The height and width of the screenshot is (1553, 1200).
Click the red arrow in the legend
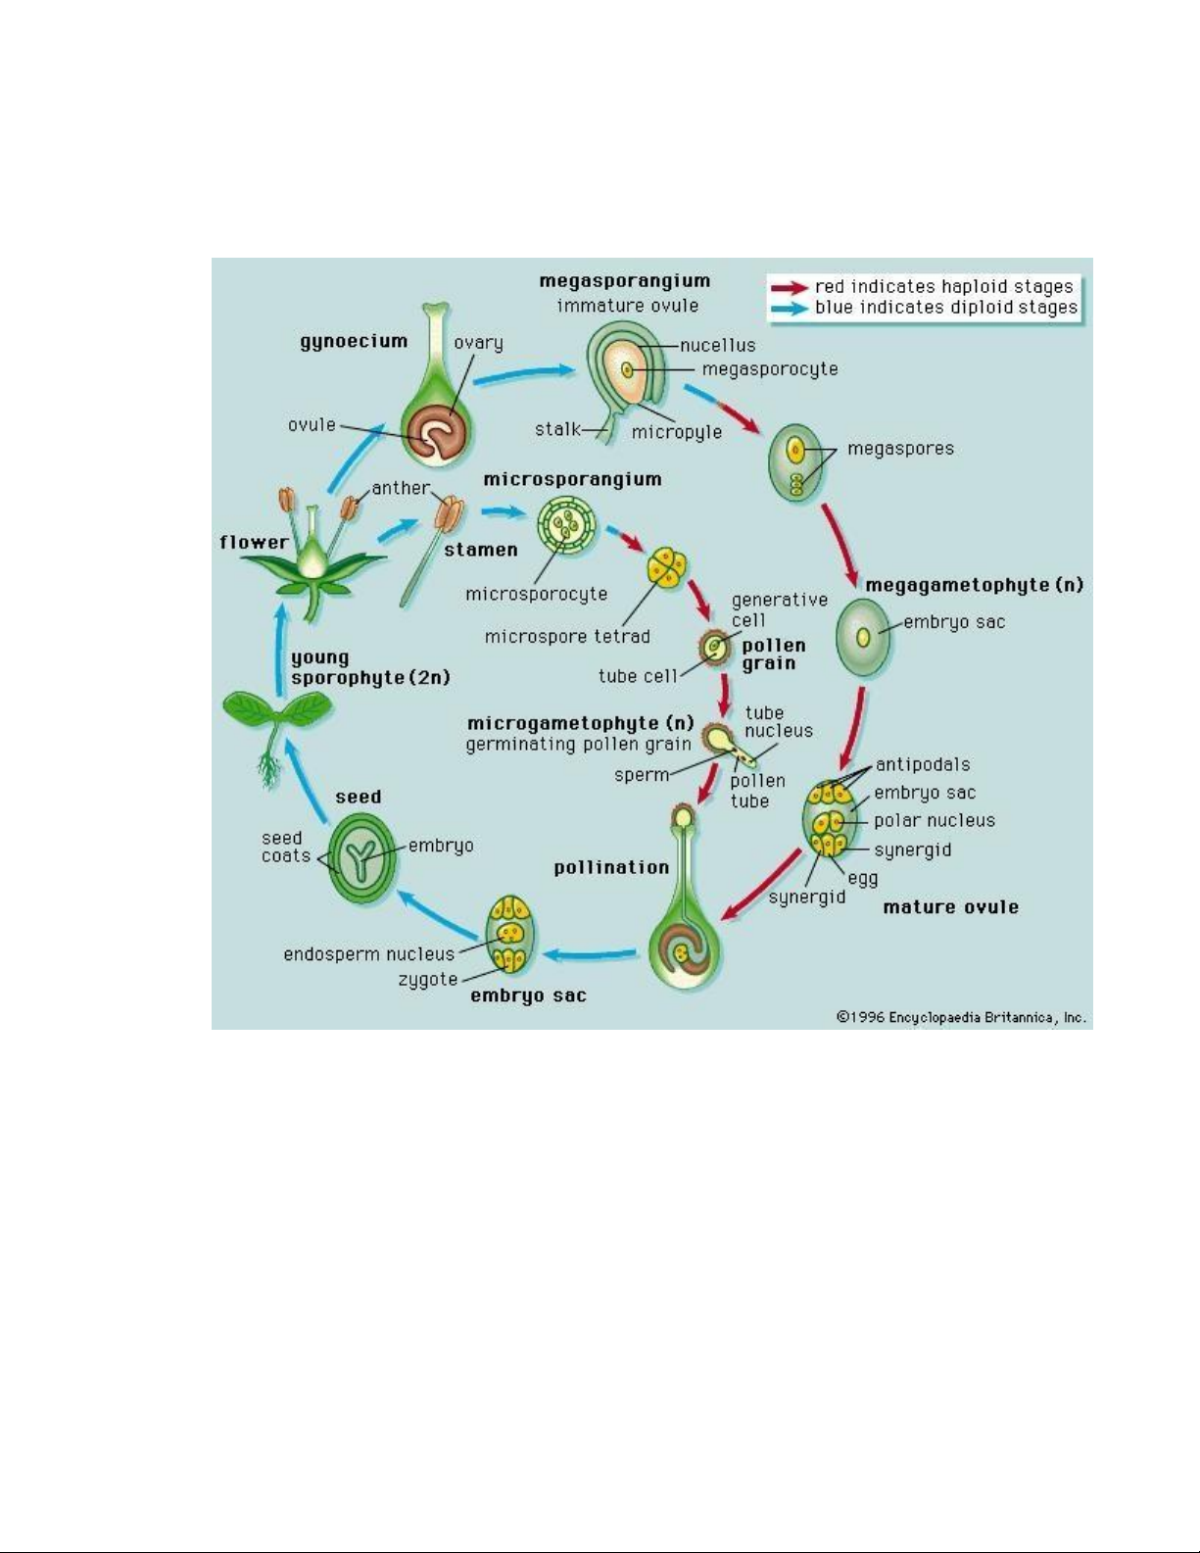coord(790,288)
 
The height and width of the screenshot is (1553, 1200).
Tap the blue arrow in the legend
coord(790,309)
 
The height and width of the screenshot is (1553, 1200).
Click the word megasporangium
coord(624,281)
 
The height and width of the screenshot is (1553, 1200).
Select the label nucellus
coord(717,345)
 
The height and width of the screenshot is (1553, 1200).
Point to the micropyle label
coord(677,432)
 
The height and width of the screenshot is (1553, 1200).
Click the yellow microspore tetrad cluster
coord(667,568)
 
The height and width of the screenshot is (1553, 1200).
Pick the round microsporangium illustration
coord(567,524)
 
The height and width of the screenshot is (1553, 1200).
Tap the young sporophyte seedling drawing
coord(275,735)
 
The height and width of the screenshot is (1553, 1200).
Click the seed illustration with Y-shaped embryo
coord(362,856)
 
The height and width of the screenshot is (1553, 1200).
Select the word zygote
coord(428,980)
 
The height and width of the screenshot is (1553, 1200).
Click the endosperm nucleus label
coord(368,953)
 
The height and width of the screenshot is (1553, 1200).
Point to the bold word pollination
coord(611,867)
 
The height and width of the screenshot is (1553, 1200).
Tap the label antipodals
coord(922,764)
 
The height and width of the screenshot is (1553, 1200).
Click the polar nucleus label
coord(935,820)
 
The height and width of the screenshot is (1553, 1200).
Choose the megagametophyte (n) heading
coord(975,585)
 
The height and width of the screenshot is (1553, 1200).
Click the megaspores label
coord(900,449)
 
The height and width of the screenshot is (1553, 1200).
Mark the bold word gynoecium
coord(354,342)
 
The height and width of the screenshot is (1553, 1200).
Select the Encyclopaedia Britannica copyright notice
coord(961,1017)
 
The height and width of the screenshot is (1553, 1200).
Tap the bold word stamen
coord(481,550)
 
